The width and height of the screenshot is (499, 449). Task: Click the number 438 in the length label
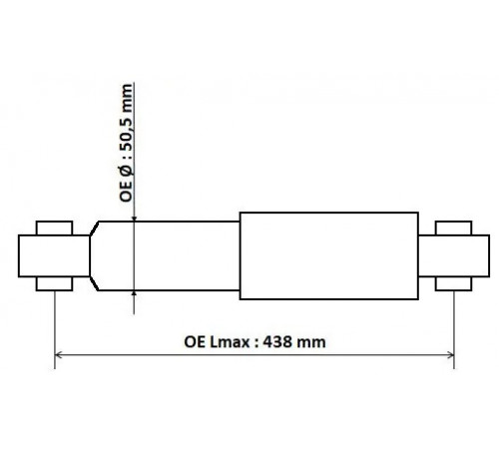(277, 342)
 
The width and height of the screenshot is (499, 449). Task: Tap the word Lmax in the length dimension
(230, 342)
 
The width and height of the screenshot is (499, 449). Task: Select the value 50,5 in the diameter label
(127, 138)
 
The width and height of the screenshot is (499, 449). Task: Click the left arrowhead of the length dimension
(58, 355)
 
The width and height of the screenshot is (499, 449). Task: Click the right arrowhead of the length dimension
(451, 355)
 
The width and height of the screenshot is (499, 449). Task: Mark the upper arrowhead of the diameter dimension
(134, 219)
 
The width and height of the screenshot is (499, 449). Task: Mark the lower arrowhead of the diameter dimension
(134, 293)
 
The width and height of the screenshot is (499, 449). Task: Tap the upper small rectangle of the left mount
(54, 228)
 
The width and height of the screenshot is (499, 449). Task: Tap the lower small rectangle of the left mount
(54, 283)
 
